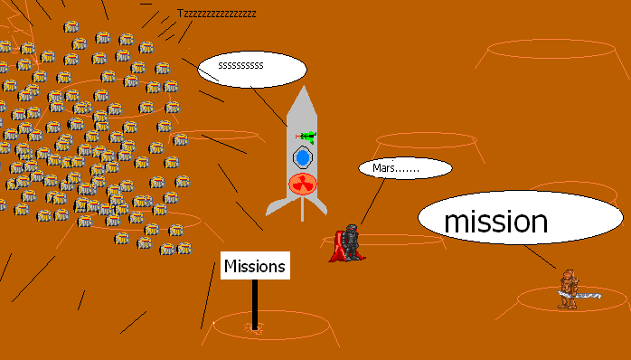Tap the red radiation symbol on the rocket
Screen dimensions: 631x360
coord(302,186)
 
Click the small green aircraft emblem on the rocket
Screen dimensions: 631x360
coord(307,137)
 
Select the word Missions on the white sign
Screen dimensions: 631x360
coord(255,266)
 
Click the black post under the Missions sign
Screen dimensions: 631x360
coord(256,303)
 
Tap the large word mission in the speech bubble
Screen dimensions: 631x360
coord(495,221)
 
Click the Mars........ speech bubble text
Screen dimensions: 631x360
coord(396,168)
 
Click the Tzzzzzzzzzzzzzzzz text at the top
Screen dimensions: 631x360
coord(216,14)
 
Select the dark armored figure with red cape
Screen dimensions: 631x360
coord(349,242)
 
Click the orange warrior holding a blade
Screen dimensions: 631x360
coord(568,287)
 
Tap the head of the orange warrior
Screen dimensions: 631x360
coord(568,273)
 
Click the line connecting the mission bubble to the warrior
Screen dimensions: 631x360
coord(542,257)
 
